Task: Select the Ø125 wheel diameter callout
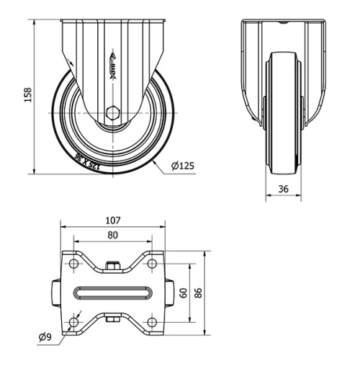pos(183,166)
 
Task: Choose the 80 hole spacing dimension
pos(112,234)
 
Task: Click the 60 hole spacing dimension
pos(184,293)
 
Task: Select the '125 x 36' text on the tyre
pos(86,161)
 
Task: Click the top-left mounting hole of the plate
pos(74,266)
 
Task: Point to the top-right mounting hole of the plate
pos(151,266)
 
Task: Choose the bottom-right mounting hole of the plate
pos(151,321)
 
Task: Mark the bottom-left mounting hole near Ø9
pos(74,321)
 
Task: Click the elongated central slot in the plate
pos(112,294)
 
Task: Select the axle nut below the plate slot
pos(112,321)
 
